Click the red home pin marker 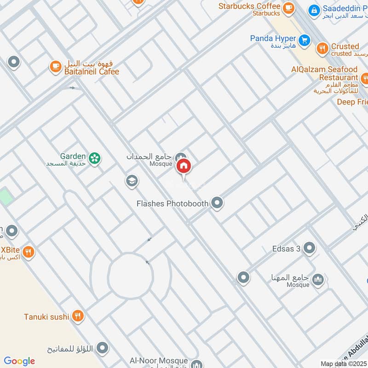(x=184, y=166)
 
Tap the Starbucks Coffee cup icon (x=288, y=7)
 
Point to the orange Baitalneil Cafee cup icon (x=55, y=67)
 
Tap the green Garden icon (x=95, y=158)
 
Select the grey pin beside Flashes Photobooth (x=217, y=203)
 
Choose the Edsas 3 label (x=286, y=249)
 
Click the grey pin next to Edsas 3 (x=310, y=249)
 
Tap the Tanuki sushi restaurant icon (x=78, y=316)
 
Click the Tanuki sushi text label (x=46, y=316)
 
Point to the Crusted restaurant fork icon (x=322, y=47)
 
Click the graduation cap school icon (x=132, y=181)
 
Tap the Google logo (x=19, y=361)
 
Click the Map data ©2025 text (x=343, y=363)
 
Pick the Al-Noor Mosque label (x=159, y=361)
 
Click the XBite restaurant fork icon (x=29, y=252)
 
